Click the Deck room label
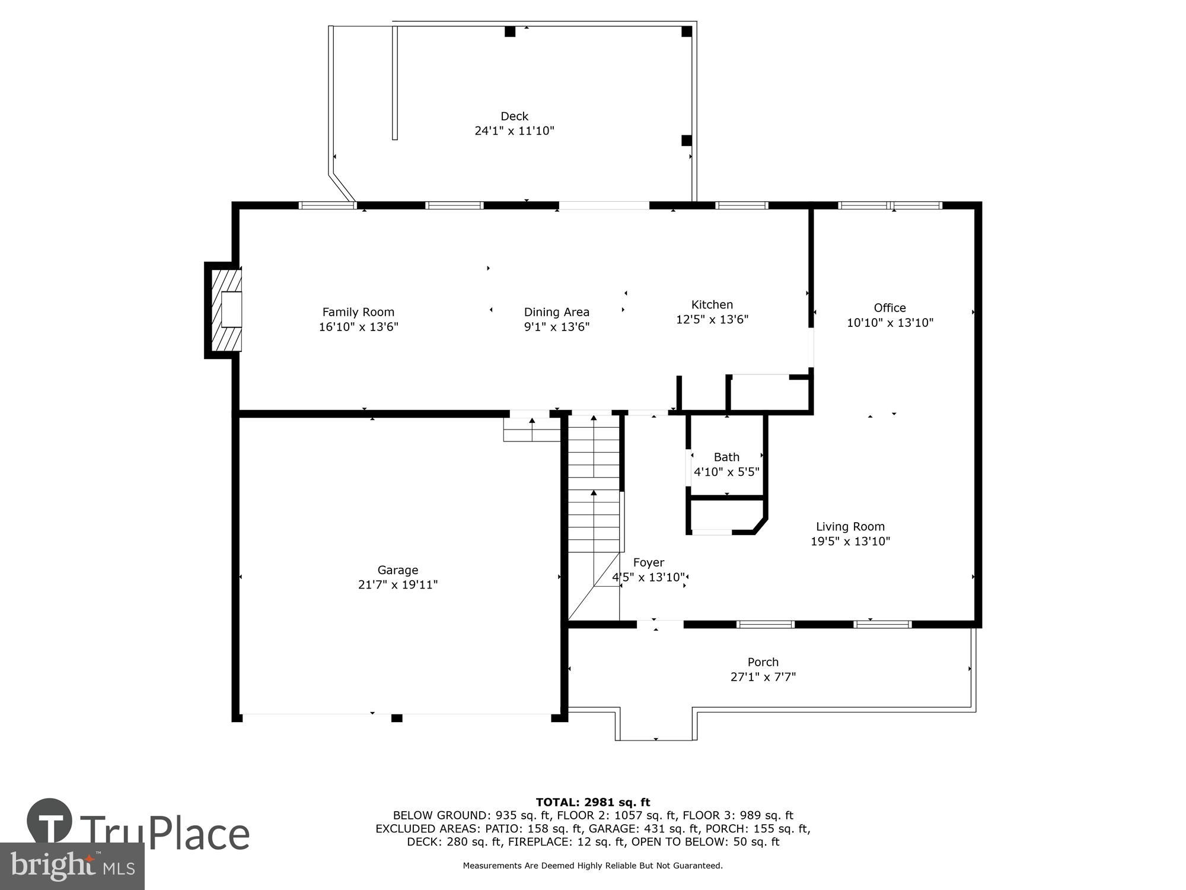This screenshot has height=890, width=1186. pyautogui.click(x=514, y=116)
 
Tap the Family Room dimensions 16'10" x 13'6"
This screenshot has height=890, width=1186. pyautogui.click(x=358, y=327)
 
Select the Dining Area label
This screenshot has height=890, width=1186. pyautogui.click(x=556, y=312)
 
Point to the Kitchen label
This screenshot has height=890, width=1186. pyautogui.click(x=712, y=304)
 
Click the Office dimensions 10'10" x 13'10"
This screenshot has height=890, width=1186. pyautogui.click(x=889, y=323)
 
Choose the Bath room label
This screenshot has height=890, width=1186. pyautogui.click(x=726, y=457)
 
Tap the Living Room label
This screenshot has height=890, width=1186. pyautogui.click(x=850, y=526)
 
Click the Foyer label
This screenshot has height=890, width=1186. pyautogui.click(x=648, y=562)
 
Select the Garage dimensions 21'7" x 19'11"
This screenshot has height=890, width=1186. pyautogui.click(x=397, y=585)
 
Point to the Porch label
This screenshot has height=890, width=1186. pyautogui.click(x=763, y=662)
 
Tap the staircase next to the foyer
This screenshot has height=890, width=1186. pyautogui.click(x=594, y=487)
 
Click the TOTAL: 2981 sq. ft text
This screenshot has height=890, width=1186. pyautogui.click(x=592, y=803)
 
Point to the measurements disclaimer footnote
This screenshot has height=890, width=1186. pyautogui.click(x=592, y=866)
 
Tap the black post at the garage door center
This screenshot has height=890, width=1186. pyautogui.click(x=397, y=718)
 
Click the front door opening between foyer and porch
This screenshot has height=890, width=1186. pyautogui.click(x=659, y=624)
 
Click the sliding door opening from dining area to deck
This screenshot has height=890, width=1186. pyautogui.click(x=604, y=206)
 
